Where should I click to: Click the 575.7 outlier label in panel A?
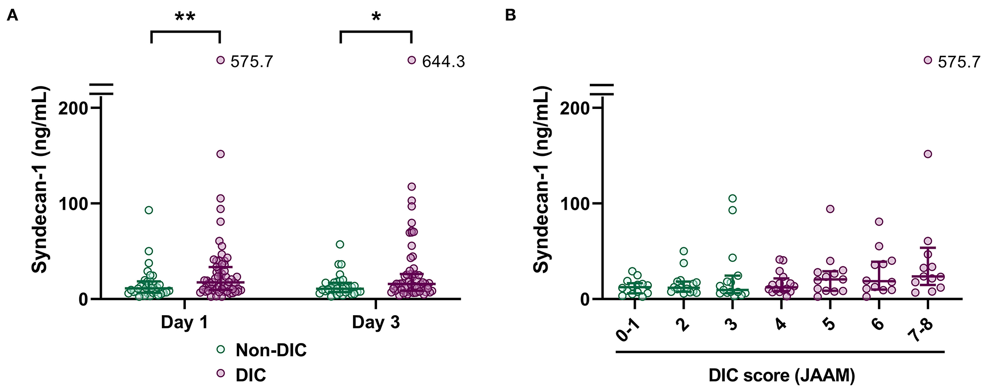[x=251, y=62]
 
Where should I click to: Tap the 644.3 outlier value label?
[x=443, y=62]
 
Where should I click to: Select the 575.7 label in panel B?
[x=959, y=62]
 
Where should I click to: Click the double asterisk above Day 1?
[x=185, y=18]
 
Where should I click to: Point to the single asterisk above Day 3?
[x=376, y=18]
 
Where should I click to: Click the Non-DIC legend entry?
[x=270, y=350]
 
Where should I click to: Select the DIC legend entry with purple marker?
[x=250, y=375]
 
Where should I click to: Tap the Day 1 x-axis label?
[x=184, y=322]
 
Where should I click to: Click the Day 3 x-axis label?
[x=376, y=322]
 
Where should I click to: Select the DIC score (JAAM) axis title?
[x=781, y=375]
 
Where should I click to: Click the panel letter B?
[x=510, y=16]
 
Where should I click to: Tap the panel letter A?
[x=12, y=16]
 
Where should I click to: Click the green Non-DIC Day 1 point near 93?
[x=149, y=210]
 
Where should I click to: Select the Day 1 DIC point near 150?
[x=221, y=154]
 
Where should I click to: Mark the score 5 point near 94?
[x=830, y=209]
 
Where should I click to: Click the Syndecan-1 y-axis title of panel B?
[x=542, y=179]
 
